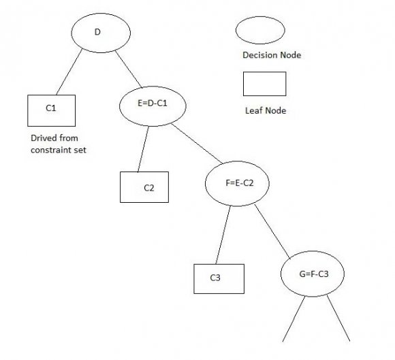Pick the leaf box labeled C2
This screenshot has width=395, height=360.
(144, 186)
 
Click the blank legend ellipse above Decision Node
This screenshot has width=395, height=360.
(260, 31)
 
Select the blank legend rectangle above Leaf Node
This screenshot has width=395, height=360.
(264, 84)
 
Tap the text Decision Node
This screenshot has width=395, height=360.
(271, 55)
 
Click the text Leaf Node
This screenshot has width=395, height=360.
(264, 110)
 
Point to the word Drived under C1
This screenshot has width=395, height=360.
(45, 137)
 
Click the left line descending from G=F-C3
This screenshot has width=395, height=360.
(291, 321)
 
